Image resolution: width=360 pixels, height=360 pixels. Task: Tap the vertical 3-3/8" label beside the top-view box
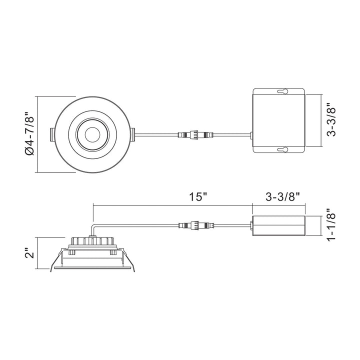pos(329,120)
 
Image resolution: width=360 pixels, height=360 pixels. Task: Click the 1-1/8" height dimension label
pos(329,225)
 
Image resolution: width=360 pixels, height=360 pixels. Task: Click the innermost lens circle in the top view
pos(92,134)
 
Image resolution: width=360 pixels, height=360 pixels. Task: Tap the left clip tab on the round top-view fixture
pos(51,133)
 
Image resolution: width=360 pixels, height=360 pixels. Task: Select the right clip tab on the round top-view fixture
pos(132,133)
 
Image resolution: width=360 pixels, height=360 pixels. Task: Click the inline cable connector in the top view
pos(195,134)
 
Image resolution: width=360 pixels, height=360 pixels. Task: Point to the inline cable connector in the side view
pos(195,225)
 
